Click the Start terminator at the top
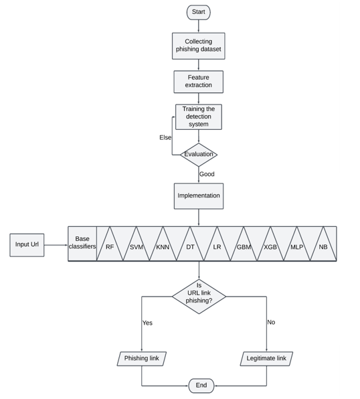tap(198, 12)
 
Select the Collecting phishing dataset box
tap(198, 46)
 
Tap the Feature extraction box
tap(198, 82)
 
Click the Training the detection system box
tap(198, 116)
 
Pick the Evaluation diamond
tap(198, 155)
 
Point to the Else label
tap(165, 137)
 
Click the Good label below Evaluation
tap(207, 174)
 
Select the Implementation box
tap(198, 195)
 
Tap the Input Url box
tap(27, 244)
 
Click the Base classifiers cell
tap(82, 243)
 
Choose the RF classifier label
tap(110, 247)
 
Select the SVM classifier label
tap(137, 247)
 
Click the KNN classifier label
tap(163, 247)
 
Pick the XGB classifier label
tap(270, 247)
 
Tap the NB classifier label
tap(323, 247)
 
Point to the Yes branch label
tap(147, 323)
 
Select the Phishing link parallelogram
tap(141, 358)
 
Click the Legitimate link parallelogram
tap(266, 358)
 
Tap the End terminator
tap(201, 386)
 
